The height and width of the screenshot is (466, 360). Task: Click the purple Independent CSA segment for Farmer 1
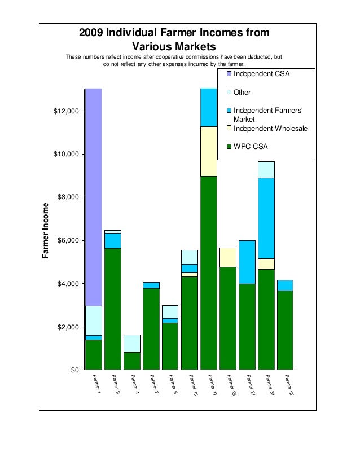(94, 197)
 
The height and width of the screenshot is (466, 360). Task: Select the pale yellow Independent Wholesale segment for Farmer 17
(209, 152)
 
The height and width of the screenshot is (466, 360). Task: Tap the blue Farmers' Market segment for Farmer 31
(266, 218)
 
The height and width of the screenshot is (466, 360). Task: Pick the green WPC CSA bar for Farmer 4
(132, 361)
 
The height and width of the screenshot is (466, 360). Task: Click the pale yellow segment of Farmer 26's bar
(228, 258)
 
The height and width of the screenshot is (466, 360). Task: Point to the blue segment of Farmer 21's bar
(247, 262)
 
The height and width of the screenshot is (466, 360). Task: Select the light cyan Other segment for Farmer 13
(190, 257)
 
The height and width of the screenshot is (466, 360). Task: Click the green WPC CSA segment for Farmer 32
(286, 330)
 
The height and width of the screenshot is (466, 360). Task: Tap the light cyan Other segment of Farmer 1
(94, 320)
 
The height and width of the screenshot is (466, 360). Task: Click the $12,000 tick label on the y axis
(66, 111)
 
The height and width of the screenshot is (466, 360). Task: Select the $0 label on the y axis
(75, 370)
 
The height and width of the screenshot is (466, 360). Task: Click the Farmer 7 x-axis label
(154, 384)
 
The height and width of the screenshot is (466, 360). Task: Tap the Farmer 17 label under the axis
(212, 385)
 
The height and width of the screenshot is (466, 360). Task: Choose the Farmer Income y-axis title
(45, 231)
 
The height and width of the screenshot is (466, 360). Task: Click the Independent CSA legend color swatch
(229, 74)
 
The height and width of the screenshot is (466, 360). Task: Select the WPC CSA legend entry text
(251, 147)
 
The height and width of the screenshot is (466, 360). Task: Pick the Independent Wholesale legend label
(270, 129)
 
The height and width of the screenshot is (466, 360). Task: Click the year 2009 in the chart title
(91, 32)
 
